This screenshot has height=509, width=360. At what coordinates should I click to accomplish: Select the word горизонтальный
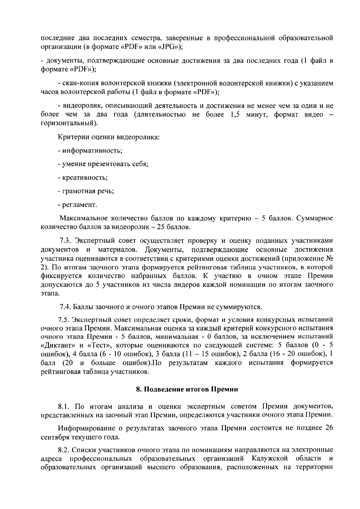tap(68, 123)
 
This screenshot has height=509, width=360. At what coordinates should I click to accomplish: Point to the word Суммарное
tap(315, 218)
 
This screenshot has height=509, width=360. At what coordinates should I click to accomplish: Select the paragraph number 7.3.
tap(65, 241)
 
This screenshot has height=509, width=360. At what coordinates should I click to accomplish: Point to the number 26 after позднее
tap(329, 428)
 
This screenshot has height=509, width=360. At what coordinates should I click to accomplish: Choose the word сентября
tap(54, 437)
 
